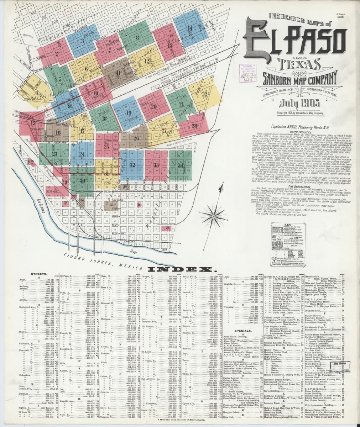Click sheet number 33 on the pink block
156,165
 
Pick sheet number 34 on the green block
181,165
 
